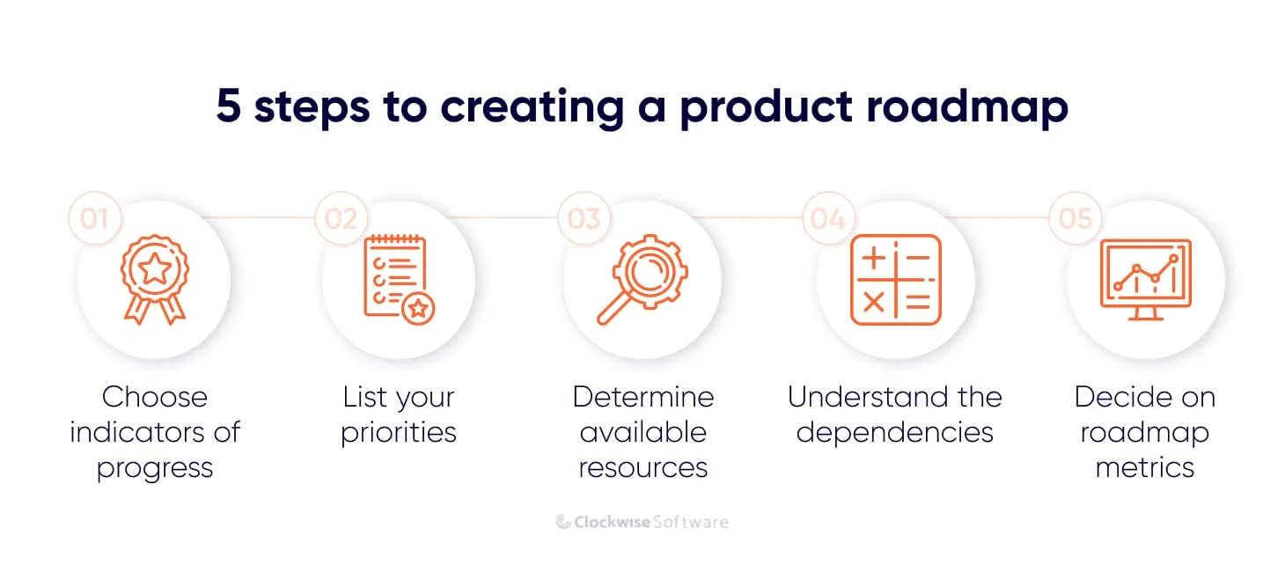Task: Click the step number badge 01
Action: point(94,217)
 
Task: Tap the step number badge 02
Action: point(341,217)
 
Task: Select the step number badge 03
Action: point(584,217)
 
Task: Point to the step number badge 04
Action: point(827,217)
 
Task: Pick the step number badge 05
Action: point(1075,217)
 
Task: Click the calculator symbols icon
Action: point(895,280)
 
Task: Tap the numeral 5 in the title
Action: point(228,107)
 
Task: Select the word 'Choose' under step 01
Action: point(155,397)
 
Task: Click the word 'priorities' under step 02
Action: point(399,433)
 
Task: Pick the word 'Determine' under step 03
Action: point(642,397)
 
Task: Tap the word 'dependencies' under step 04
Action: point(894,433)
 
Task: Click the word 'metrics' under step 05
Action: point(1144,467)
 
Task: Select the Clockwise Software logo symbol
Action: point(563,522)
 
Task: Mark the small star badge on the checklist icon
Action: point(418,308)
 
